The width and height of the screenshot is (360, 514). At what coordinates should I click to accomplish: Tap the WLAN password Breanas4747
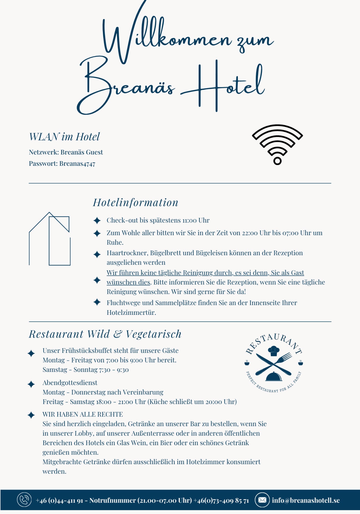[77, 164]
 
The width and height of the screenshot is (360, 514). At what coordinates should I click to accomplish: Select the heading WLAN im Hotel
[64, 137]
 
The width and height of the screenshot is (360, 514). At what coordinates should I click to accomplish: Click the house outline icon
[50, 239]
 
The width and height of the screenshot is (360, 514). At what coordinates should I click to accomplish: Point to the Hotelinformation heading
[136, 203]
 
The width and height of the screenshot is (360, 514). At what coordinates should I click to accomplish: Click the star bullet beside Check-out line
[97, 221]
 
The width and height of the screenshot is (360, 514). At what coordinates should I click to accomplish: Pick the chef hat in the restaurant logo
[273, 351]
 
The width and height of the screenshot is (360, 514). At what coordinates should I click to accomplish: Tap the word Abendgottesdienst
[70, 383]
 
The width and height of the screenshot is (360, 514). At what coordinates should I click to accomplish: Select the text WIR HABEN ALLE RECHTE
[82, 414]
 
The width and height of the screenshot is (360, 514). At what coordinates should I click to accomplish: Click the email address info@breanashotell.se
[306, 500]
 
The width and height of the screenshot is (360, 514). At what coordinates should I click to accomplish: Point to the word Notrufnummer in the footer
[112, 500]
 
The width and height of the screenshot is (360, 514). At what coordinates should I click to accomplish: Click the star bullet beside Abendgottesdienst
[31, 384]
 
